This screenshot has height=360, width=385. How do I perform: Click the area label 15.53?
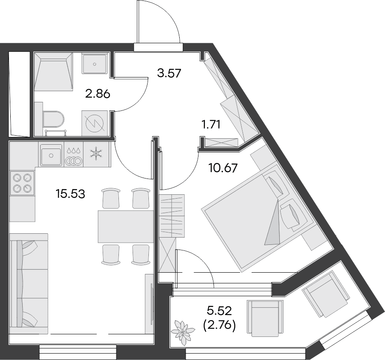click(x=71, y=194)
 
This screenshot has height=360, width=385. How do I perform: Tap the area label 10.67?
click(x=223, y=168)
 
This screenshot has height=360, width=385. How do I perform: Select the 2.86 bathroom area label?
click(x=98, y=94)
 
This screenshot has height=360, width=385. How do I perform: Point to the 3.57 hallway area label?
click(x=169, y=73)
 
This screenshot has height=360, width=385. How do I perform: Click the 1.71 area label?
click(x=210, y=125)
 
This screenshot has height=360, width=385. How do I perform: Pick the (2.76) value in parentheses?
click(x=219, y=326)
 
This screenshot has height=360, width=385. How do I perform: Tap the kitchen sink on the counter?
click(x=51, y=155)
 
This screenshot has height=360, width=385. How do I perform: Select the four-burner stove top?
click(x=22, y=183)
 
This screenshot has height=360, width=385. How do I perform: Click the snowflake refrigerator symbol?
click(x=96, y=155)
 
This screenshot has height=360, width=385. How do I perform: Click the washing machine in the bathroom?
click(x=95, y=123)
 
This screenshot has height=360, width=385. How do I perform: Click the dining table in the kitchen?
click(x=126, y=226)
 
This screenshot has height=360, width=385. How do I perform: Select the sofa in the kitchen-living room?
click(x=29, y=283)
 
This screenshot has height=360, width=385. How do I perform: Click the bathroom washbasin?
click(x=95, y=64)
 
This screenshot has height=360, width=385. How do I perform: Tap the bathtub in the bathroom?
click(x=53, y=71)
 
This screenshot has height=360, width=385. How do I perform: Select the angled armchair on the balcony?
click(x=326, y=294)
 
